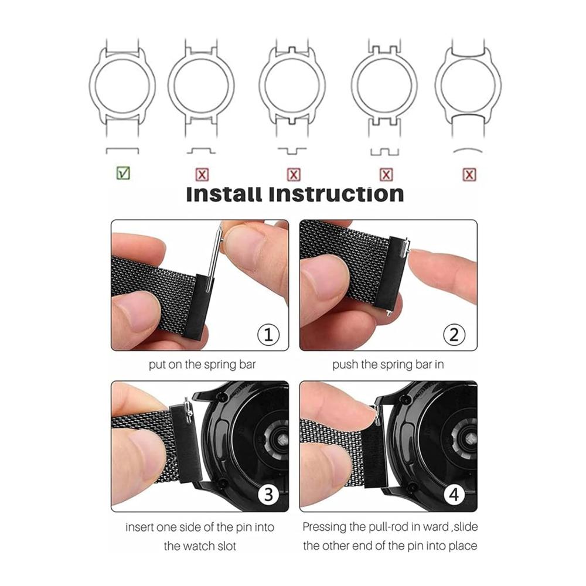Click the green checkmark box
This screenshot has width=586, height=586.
pyautogui.click(x=123, y=173)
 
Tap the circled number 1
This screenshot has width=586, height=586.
pyautogui.click(x=268, y=335)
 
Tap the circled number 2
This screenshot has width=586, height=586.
pyautogui.click(x=454, y=335)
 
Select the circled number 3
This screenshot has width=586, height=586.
pyautogui.click(x=268, y=495)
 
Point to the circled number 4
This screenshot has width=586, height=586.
pyautogui.click(x=454, y=495)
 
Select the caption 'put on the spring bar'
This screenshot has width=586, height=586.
pyautogui.click(x=202, y=364)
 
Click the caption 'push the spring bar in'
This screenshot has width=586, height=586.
pyautogui.click(x=388, y=364)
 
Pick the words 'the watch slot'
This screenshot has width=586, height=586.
pyautogui.click(x=200, y=546)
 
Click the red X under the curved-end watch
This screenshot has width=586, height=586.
pyautogui.click(x=469, y=175)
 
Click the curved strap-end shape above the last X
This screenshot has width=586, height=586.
pyautogui.click(x=467, y=150)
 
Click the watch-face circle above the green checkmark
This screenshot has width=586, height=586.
pyautogui.click(x=122, y=85)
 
